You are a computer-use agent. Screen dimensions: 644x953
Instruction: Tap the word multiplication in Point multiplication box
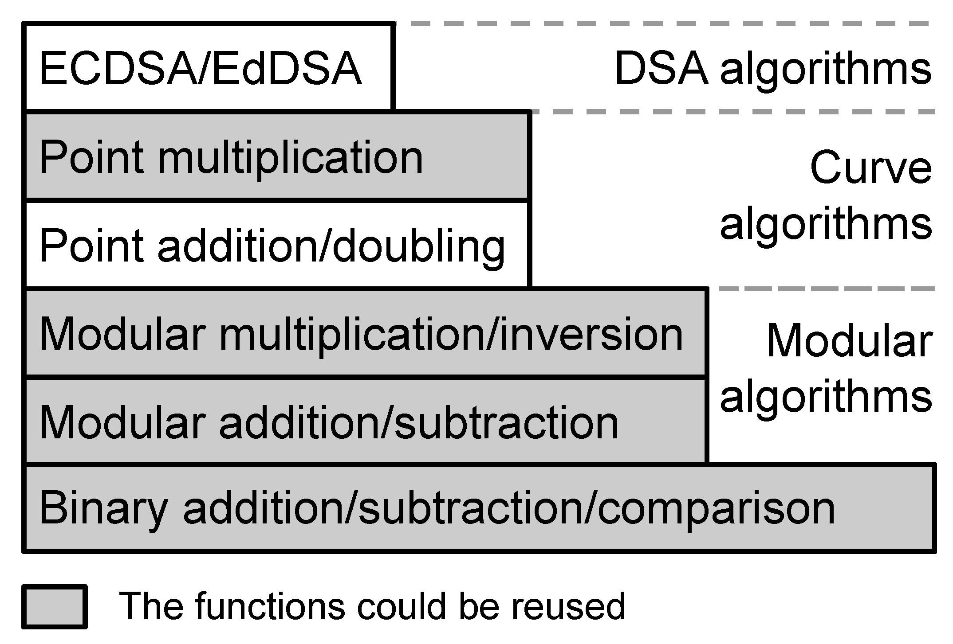(291, 159)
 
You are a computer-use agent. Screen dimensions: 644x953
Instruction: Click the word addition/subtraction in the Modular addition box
(418, 423)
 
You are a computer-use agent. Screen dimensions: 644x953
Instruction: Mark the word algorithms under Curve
(825, 225)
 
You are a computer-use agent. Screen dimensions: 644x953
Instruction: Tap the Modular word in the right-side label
(849, 341)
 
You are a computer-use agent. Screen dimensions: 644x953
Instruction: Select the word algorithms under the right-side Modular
(825, 398)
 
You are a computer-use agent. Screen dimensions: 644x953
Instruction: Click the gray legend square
(54, 607)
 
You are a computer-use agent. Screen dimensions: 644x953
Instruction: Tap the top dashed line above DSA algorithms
(666, 23)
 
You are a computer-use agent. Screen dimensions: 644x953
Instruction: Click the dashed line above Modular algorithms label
(825, 289)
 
